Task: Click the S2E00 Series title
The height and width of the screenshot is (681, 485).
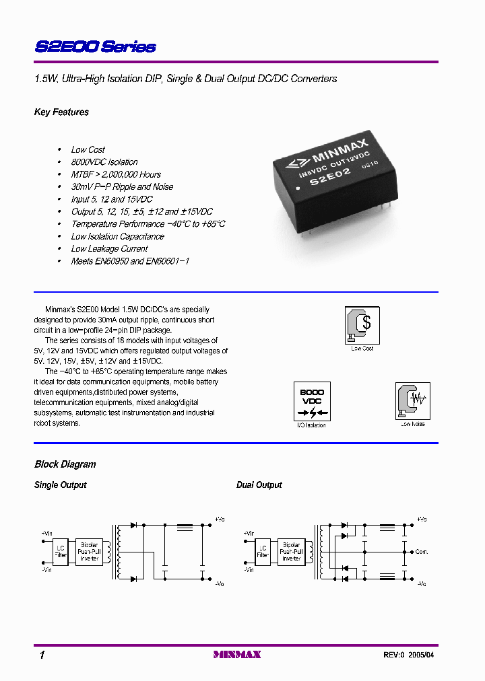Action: [x=95, y=47]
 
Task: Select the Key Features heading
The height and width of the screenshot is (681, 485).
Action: [x=61, y=112]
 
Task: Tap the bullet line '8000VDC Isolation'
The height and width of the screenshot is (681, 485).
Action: [x=104, y=162]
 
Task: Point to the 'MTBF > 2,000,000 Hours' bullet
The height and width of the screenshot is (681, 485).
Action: [x=116, y=174]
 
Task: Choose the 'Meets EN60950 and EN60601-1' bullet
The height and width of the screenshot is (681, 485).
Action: [x=130, y=261]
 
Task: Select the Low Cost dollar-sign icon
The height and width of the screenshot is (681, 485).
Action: [x=362, y=325]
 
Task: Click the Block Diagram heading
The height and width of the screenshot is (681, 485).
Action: [x=65, y=464]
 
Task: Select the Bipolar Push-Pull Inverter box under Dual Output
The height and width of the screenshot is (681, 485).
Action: [x=291, y=552]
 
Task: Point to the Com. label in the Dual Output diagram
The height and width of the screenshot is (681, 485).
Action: [x=422, y=552]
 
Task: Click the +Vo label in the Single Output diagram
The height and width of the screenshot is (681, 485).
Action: [x=220, y=519]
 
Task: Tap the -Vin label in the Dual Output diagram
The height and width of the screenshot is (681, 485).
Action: [x=249, y=570]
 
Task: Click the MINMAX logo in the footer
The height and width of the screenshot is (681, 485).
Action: [x=236, y=654]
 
